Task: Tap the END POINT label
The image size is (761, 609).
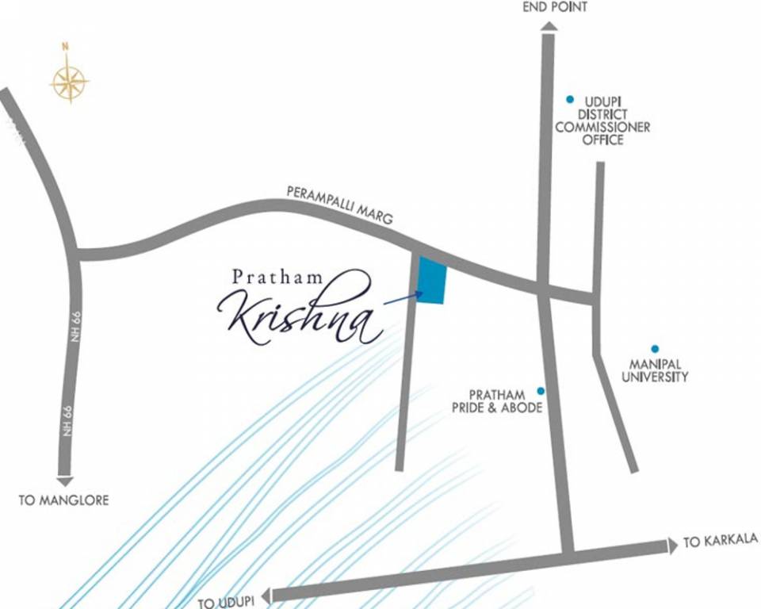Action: [555, 7]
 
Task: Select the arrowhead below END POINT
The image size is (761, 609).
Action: [549, 26]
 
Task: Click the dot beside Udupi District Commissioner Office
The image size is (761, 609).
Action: [569, 99]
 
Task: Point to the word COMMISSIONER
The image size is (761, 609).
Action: [602, 127]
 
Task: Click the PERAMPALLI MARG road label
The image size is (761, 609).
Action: [339, 205]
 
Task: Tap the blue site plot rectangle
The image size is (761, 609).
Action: [432, 281]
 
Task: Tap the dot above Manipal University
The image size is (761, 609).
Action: [655, 348]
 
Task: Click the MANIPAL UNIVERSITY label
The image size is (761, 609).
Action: [654, 370]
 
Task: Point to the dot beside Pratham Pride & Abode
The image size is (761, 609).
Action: [541, 391]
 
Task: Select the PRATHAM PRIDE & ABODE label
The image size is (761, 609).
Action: [506, 401]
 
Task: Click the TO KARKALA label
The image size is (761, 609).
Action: [720, 541]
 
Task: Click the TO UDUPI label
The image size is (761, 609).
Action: [229, 603]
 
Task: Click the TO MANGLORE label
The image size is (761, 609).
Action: [63, 500]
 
